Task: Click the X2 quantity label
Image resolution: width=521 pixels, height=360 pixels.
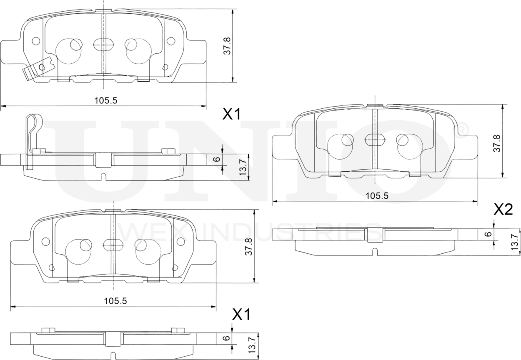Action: pos(503,210)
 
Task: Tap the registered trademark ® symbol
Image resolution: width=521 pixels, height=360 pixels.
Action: pos(462,130)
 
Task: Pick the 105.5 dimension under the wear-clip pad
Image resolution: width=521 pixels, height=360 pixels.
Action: pos(104,100)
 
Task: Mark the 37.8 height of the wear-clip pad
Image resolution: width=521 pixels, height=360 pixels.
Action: pos(226,45)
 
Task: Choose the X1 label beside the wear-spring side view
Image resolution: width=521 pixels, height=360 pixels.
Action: pos(232,114)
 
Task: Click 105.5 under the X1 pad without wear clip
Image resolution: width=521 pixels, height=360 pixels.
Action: pos(115,301)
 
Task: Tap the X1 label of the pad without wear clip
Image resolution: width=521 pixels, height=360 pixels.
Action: pos(241,315)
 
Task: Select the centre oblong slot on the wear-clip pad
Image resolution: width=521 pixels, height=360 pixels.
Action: pos(103,44)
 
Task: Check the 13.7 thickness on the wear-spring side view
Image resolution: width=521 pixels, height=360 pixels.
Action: pos(243,167)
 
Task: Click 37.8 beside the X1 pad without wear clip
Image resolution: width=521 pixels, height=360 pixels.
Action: pos(248,247)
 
